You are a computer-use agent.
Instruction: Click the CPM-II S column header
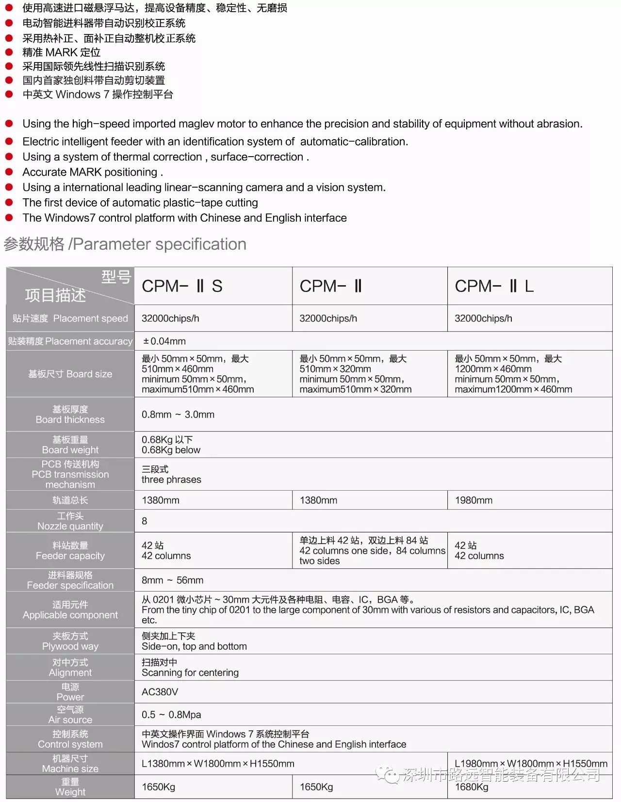182,286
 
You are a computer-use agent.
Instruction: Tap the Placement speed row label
70,319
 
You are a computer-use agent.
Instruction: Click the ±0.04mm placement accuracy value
164,341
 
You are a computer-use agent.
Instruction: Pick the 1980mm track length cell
474,500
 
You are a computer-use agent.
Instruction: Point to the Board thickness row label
70,415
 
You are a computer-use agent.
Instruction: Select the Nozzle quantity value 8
145,521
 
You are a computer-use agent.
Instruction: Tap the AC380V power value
160,692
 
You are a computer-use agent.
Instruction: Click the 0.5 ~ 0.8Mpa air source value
171,715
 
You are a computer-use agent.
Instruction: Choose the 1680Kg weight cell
472,787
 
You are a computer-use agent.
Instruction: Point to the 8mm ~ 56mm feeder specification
173,580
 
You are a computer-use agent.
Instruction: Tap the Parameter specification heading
125,244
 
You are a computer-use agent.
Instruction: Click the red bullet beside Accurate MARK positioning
9,172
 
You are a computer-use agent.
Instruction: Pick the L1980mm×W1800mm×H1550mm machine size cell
531,764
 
